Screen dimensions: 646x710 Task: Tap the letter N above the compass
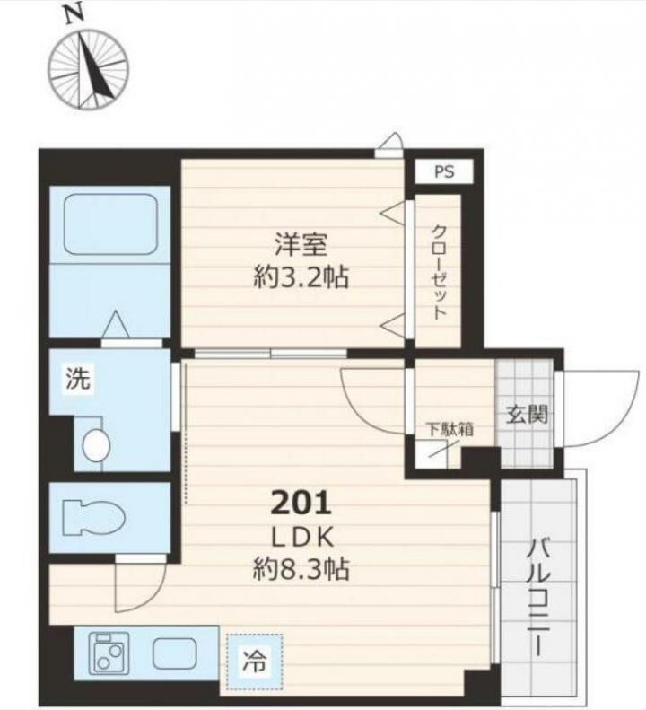point(74,15)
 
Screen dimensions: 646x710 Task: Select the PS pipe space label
point(444,171)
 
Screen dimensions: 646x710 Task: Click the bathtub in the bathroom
point(110,224)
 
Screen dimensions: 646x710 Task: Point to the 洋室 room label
point(301,244)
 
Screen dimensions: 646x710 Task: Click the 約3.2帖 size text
point(301,277)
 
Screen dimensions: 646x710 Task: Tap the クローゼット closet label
point(438,273)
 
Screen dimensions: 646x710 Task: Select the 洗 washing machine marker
point(78,378)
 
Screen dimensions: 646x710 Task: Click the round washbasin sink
point(96,445)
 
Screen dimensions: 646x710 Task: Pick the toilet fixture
point(93,517)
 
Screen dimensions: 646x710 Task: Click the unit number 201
point(301,503)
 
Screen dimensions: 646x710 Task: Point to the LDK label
point(302,538)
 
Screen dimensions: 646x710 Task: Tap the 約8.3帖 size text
point(301,569)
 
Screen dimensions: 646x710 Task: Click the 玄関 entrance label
point(527,414)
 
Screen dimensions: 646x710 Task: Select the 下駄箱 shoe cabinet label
point(450,429)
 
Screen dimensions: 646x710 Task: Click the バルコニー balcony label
point(538,598)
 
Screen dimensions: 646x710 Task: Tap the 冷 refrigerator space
point(255,662)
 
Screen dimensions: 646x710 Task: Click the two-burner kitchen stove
point(109,653)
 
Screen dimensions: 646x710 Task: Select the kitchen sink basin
point(174,653)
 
